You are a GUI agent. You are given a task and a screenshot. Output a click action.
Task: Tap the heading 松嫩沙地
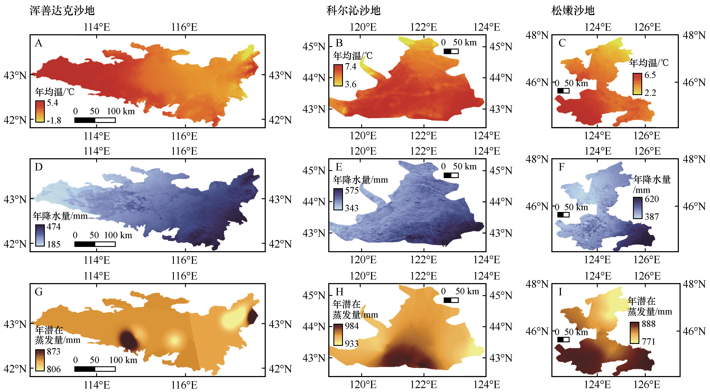[573, 11]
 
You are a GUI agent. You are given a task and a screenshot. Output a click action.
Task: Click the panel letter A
[39, 43]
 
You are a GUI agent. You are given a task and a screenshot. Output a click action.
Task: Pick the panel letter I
[560, 292]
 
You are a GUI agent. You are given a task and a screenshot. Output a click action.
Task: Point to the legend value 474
[53, 227]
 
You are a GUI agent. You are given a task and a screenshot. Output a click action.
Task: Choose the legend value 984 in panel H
[352, 326]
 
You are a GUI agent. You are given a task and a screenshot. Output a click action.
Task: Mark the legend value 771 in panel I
[648, 341]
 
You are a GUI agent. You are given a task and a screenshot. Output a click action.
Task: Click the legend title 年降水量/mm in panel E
[360, 180]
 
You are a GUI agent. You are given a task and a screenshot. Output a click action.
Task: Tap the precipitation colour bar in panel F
[638, 208]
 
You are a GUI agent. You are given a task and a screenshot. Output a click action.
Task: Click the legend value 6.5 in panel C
[650, 75]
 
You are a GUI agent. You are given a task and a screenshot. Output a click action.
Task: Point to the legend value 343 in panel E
[351, 208]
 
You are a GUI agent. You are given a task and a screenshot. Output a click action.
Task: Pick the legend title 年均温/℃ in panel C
[649, 63]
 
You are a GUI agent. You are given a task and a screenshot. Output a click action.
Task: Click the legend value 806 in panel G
[53, 369]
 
